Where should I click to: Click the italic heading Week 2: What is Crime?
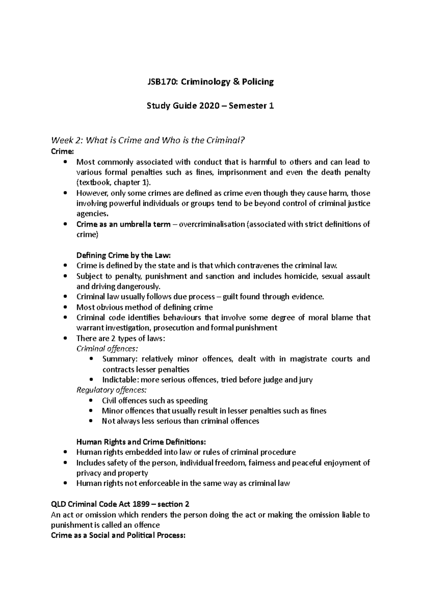[147, 141]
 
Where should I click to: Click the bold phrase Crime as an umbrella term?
[123, 224]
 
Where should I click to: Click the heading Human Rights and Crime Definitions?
[141, 442]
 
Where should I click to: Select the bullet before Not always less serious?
[92, 421]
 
